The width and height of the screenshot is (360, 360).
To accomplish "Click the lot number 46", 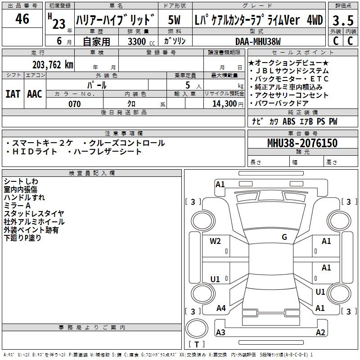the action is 22,19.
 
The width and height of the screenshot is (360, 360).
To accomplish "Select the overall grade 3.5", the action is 342,20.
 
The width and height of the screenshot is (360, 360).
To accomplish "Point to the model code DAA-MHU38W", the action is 258,42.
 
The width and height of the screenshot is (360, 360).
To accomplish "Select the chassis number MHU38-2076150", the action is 302,144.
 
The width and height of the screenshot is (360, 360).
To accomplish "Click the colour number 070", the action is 74,104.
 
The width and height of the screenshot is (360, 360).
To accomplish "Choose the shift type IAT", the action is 13,94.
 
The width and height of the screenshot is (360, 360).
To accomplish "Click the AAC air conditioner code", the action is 35,94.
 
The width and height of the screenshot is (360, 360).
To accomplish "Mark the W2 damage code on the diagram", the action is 215,241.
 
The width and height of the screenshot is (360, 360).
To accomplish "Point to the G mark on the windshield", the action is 284,237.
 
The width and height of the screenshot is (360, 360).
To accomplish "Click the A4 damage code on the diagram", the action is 221,308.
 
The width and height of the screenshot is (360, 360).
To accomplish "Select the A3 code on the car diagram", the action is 220,333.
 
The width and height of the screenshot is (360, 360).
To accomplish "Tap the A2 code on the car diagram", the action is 320,333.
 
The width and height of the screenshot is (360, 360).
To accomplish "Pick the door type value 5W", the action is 174,20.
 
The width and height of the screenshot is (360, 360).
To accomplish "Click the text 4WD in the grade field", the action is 315,20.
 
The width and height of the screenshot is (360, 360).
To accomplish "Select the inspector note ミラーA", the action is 17,205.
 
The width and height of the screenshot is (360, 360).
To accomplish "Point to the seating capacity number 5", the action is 187,85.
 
